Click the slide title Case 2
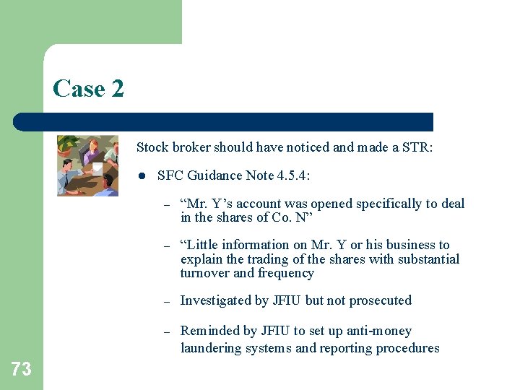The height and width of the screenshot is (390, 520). point(88,89)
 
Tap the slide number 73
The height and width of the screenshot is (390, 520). point(21,370)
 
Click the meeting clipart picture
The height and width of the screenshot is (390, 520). point(87,165)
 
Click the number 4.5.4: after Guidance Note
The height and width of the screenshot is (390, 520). point(291,175)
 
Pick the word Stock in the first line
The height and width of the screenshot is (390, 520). point(152,147)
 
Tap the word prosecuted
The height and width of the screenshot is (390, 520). point(381,300)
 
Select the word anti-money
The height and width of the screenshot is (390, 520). point(378,331)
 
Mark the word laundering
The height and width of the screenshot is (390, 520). point(209,348)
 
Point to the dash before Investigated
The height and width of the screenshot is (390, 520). point(166,301)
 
